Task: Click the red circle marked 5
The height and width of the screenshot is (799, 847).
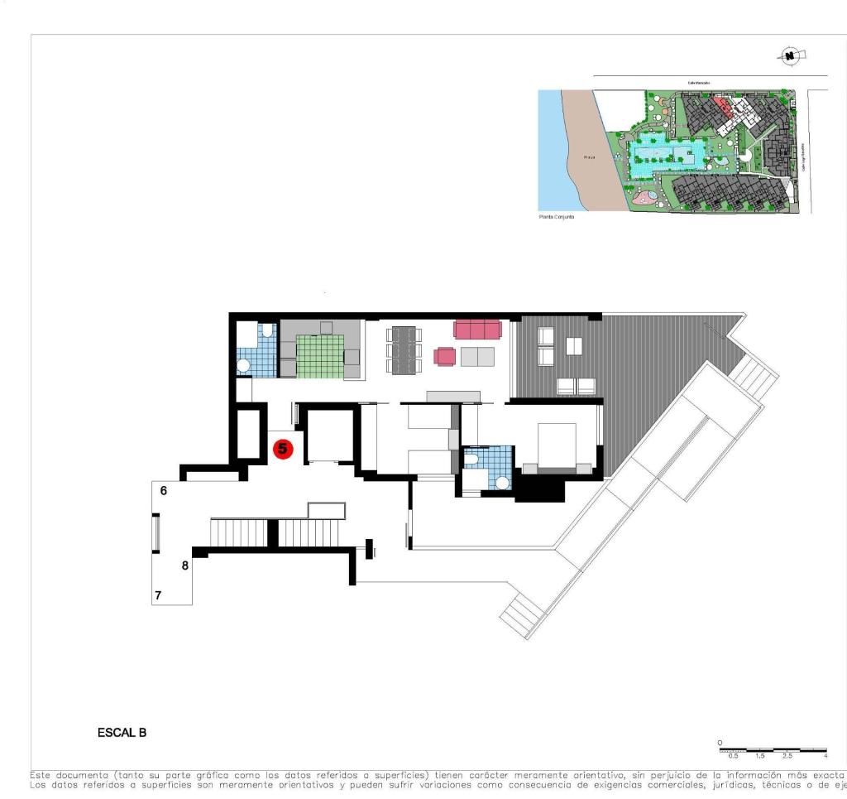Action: coord(283,450)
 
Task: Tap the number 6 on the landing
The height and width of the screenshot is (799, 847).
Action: coord(164,490)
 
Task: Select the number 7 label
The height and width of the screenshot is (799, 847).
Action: coord(158,594)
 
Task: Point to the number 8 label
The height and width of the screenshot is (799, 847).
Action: coord(184,566)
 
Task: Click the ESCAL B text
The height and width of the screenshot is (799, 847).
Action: coord(122,732)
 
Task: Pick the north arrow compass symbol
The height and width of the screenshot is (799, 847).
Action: coord(791,55)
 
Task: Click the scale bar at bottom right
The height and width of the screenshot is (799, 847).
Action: coord(773,749)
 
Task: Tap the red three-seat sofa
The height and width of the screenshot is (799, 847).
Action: coord(477,330)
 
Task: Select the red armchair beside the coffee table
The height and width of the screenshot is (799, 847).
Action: coord(445,356)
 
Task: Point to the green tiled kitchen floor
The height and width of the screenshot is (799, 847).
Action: coord(319,356)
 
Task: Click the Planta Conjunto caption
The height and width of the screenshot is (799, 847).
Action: coord(556,216)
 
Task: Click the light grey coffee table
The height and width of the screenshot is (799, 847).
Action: coord(477,357)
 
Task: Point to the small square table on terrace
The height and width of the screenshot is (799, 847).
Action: coord(573,346)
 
